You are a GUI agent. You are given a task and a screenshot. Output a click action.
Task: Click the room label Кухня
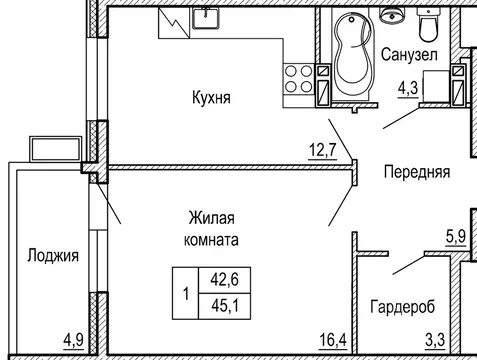[x=212, y=98]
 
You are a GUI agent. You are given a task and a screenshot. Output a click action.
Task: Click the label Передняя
[x=417, y=171]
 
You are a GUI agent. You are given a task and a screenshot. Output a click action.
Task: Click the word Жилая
[x=211, y=219]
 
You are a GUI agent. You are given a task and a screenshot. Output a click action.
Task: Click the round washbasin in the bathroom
[x=391, y=17]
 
